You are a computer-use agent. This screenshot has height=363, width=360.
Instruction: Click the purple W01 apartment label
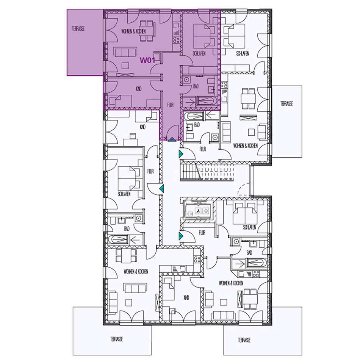(147, 61)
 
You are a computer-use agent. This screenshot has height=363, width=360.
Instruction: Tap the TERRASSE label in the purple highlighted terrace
(78, 28)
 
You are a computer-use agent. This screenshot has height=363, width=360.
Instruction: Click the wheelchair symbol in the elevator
(198, 211)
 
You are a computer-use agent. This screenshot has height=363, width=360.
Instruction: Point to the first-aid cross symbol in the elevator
(206, 211)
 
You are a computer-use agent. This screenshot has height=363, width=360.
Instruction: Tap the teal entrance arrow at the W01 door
(172, 139)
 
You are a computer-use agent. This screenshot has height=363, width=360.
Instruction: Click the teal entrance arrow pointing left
(162, 188)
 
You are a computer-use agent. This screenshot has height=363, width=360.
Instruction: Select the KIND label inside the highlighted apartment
(139, 89)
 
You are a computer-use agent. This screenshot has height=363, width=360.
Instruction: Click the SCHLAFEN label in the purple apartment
(199, 53)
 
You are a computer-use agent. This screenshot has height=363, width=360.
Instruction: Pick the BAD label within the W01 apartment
(196, 86)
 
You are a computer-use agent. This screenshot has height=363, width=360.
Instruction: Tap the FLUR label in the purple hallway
(171, 105)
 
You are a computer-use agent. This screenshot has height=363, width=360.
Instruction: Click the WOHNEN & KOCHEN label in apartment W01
(134, 31)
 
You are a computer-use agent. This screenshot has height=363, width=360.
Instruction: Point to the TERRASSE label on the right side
(286, 103)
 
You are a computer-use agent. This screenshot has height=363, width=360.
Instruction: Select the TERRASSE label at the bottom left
(116, 339)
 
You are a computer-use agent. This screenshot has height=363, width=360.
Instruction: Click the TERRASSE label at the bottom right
(244, 340)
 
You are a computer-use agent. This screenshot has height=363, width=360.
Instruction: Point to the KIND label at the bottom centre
(186, 297)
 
